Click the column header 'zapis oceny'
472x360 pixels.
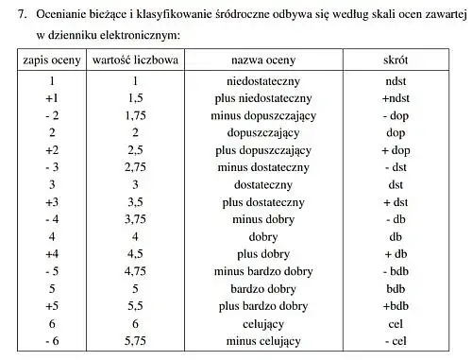(x=52, y=60)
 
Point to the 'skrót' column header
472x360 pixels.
(x=396, y=60)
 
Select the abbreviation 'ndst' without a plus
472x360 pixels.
(x=396, y=81)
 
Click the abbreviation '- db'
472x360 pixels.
(x=396, y=219)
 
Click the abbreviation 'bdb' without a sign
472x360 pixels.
(x=396, y=288)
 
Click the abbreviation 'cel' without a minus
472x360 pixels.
(x=396, y=323)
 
